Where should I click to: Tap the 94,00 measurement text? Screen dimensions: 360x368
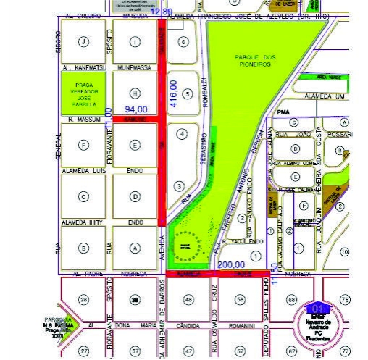point(136,109)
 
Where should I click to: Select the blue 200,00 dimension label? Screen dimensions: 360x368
point(230,265)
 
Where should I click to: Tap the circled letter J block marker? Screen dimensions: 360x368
point(84,42)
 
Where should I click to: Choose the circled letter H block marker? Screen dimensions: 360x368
point(135,93)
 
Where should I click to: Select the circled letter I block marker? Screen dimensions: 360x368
point(135,42)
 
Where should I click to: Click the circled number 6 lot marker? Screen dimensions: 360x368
point(184,42)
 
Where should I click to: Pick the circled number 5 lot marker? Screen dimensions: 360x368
point(188,93)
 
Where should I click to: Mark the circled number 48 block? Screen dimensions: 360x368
point(188,300)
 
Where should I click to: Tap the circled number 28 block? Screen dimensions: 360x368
point(83,300)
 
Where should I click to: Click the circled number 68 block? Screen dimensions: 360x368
point(291,300)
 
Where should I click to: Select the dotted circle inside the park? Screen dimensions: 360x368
point(187,246)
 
